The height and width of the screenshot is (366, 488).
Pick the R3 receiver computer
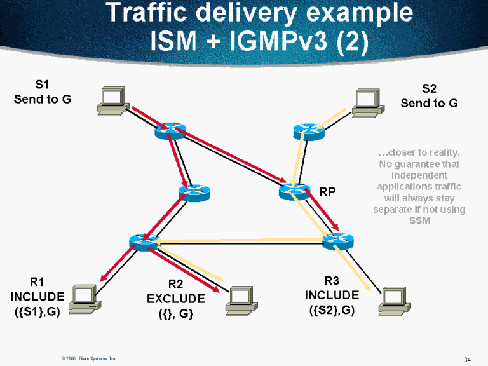(393, 301)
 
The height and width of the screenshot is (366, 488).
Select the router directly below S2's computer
(309, 132)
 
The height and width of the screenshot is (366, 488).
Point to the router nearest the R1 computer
(144, 241)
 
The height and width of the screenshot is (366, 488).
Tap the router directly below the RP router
(337, 241)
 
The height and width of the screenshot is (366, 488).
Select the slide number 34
(467, 360)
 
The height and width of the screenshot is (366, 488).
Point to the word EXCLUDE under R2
(176, 299)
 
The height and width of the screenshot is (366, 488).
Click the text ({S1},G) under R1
(37, 312)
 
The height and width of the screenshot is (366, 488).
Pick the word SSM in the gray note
(420, 220)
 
